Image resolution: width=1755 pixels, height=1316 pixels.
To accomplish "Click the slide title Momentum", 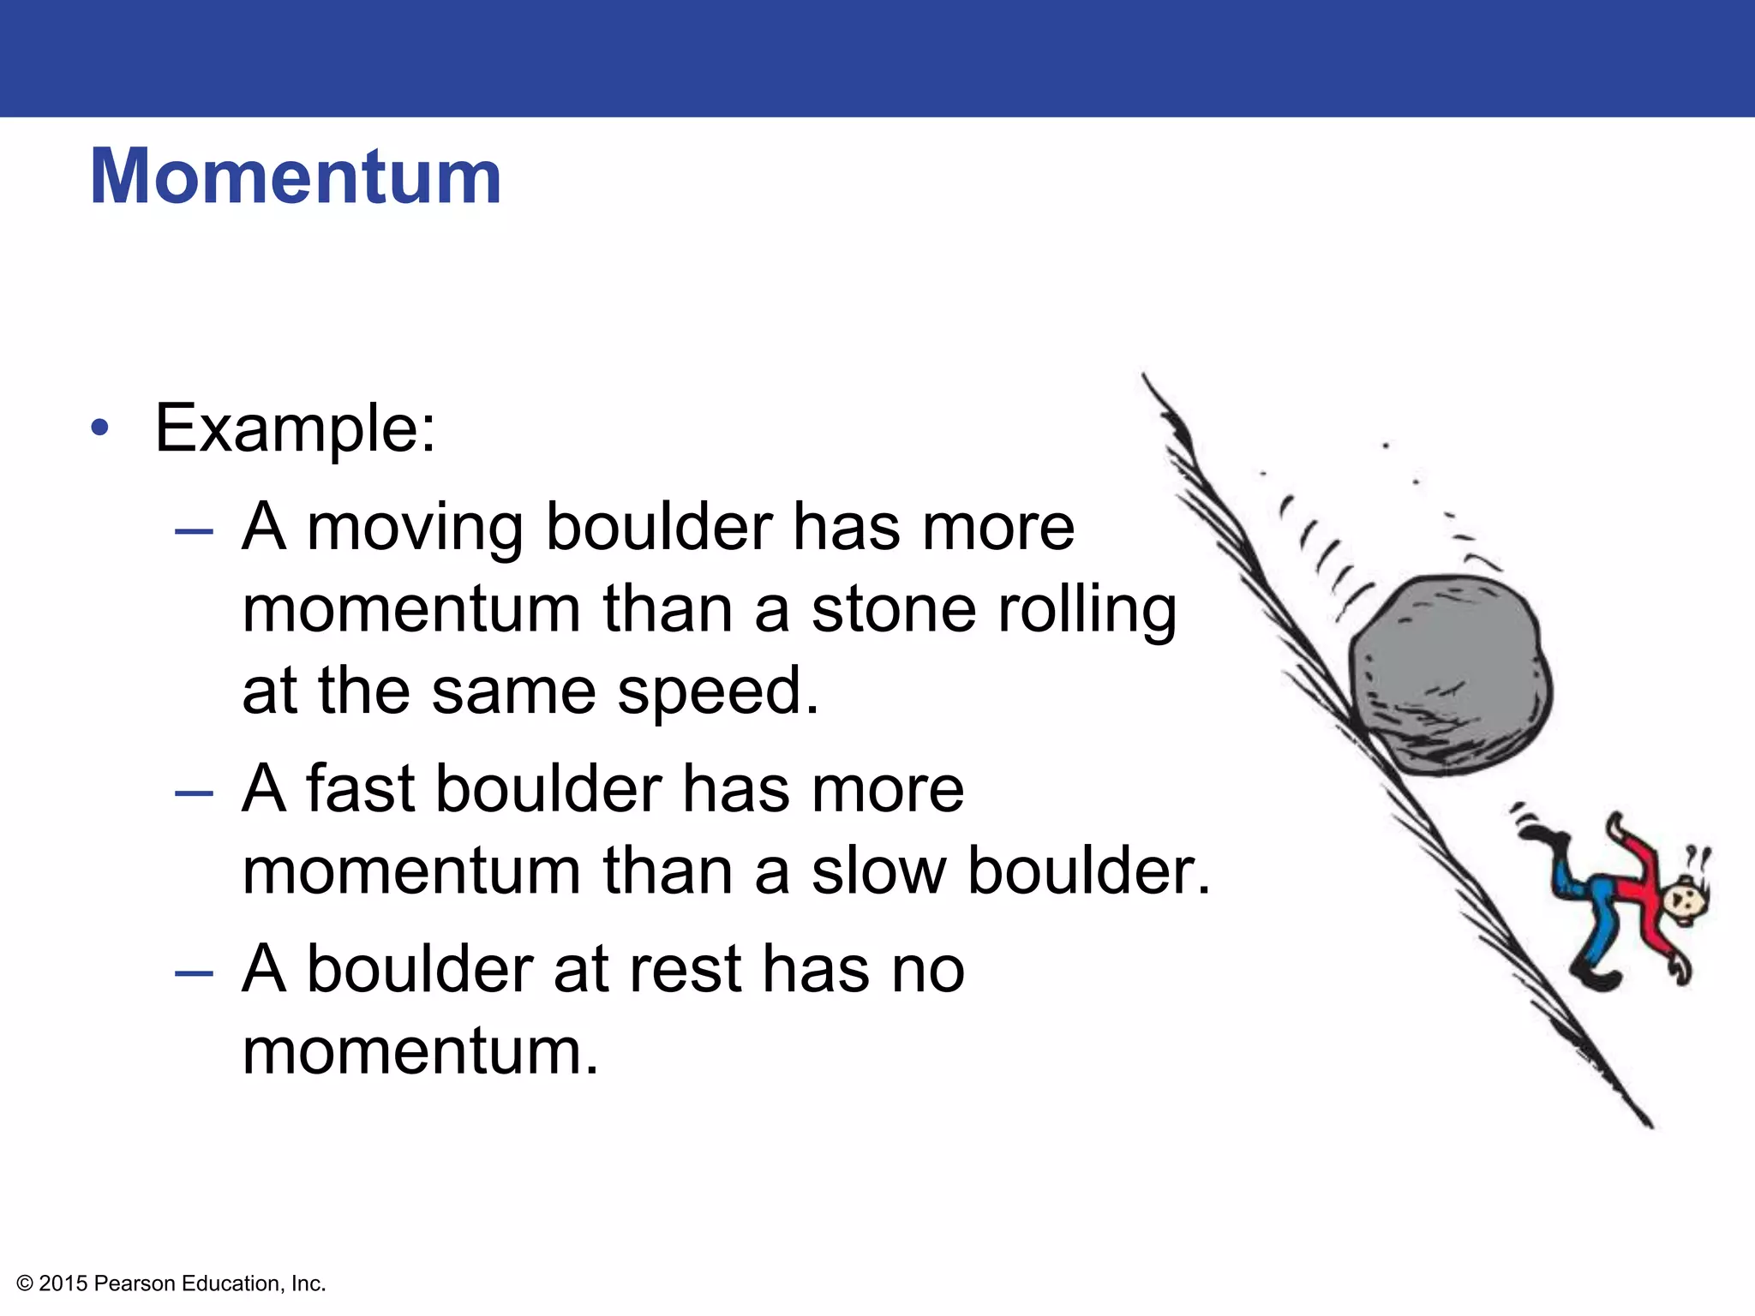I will [x=296, y=176].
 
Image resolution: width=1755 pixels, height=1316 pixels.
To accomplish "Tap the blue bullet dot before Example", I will [x=100, y=428].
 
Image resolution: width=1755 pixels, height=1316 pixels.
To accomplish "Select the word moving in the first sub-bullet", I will [x=415, y=528].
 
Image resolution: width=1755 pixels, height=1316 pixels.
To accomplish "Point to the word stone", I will [x=893, y=609].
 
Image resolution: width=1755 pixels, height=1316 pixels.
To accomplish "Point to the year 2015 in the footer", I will [x=63, y=1283].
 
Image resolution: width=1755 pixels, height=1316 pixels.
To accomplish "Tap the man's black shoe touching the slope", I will [x=1596, y=978].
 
